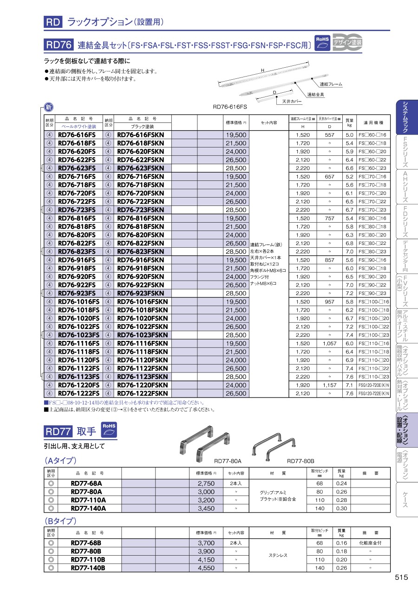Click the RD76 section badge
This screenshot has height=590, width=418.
[59, 45]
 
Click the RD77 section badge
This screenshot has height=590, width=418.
[58, 432]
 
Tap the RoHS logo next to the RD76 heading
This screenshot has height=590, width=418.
[322, 43]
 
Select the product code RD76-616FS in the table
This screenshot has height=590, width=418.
[77, 135]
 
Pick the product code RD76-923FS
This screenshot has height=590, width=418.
[77, 294]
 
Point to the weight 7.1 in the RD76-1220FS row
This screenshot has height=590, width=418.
[349, 385]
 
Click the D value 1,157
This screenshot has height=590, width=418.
[329, 385]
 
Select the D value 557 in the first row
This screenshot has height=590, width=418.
[329, 135]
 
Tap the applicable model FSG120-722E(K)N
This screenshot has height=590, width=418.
[374, 393]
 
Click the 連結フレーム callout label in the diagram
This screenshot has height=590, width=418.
[331, 84]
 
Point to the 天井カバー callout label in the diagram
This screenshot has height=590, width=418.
[292, 101]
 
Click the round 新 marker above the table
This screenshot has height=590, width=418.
[48, 108]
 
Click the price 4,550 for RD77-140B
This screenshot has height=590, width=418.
[206, 568]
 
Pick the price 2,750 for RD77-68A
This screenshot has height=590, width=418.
[206, 483]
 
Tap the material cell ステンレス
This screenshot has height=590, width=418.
[278, 555]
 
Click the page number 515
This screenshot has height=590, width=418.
[401, 577]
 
